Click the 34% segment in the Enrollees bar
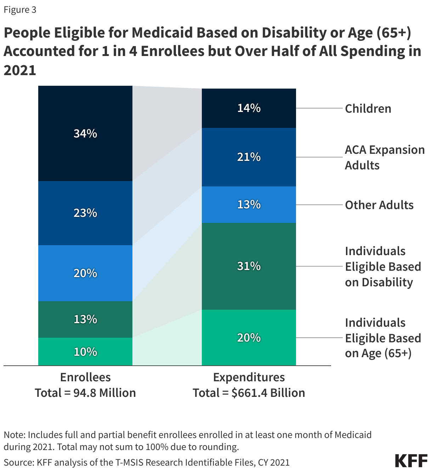click(x=85, y=134)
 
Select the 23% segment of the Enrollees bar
click(x=85, y=213)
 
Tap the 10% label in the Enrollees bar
click(x=85, y=352)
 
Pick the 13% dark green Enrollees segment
click(x=85, y=319)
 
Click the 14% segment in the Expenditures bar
click(x=249, y=108)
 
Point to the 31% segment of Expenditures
click(x=249, y=266)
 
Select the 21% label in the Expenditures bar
click(x=249, y=157)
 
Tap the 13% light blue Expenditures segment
click(x=249, y=204)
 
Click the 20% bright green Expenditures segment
click(x=249, y=338)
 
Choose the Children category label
click(x=368, y=108)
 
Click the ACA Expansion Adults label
click(x=384, y=157)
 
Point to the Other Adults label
click(x=379, y=205)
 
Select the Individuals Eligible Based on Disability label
click(x=382, y=266)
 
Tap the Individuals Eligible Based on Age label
click(x=382, y=338)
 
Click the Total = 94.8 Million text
click(x=85, y=393)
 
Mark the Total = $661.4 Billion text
click(x=249, y=393)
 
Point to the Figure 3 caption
click(x=20, y=10)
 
